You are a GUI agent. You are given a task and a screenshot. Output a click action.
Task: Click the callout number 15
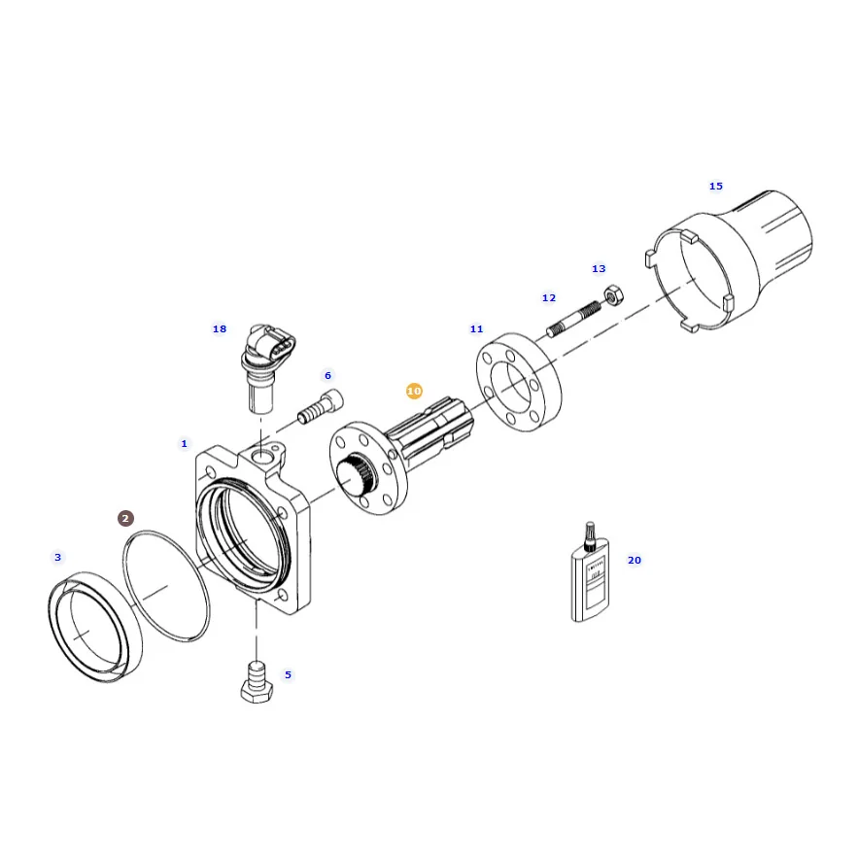pyautogui.click(x=716, y=187)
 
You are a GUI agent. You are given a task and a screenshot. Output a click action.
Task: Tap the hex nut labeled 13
pyautogui.click(x=613, y=294)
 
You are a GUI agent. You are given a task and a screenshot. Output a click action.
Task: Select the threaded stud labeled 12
pyautogui.click(x=574, y=319)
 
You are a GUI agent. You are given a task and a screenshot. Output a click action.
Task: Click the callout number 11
pyautogui.click(x=476, y=328)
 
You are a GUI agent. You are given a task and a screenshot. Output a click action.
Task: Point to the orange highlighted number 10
pyautogui.click(x=414, y=392)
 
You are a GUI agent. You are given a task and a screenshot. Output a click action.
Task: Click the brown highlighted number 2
pyautogui.click(x=125, y=518)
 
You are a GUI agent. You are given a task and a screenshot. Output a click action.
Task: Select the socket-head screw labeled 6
pyautogui.click(x=321, y=406)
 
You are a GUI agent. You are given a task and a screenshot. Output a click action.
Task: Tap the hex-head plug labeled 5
pyautogui.click(x=257, y=682)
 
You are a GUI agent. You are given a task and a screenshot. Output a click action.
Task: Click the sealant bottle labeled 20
pyautogui.click(x=590, y=573)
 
